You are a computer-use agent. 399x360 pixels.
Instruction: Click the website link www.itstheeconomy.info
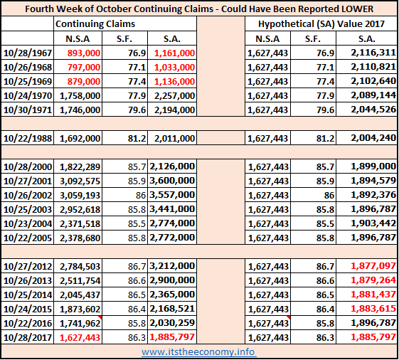tap(198, 352)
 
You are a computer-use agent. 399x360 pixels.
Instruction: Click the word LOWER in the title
tap(357, 9)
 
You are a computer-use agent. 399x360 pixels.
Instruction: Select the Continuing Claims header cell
tap(95, 23)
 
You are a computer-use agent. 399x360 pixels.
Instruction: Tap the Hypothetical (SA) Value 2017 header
tap(321, 23)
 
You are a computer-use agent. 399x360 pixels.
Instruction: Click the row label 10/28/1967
tap(28, 53)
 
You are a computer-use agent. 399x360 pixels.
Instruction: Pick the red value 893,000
tap(84, 53)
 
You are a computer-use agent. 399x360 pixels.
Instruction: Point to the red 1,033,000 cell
tap(174, 67)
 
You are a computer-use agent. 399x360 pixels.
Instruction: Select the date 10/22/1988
tap(28, 138)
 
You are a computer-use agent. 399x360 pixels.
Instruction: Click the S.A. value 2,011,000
tap(174, 138)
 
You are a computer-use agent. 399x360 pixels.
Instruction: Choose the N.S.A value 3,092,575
tap(80, 181)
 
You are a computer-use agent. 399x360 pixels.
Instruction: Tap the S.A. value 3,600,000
tap(172, 181)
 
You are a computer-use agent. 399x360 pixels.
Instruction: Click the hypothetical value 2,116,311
tap(373, 53)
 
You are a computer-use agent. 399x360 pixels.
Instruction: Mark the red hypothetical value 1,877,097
tap(373, 266)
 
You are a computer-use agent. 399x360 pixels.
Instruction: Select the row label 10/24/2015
tap(28, 309)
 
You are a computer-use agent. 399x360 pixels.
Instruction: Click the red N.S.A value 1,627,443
tap(80, 338)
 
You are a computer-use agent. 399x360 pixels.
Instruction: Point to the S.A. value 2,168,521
tap(172, 309)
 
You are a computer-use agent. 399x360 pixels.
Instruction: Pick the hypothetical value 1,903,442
tap(373, 223)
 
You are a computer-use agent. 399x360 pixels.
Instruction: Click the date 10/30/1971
tap(28, 110)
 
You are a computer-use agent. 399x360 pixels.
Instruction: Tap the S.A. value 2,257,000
tap(174, 96)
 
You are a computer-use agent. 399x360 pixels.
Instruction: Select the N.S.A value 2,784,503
tap(80, 266)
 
